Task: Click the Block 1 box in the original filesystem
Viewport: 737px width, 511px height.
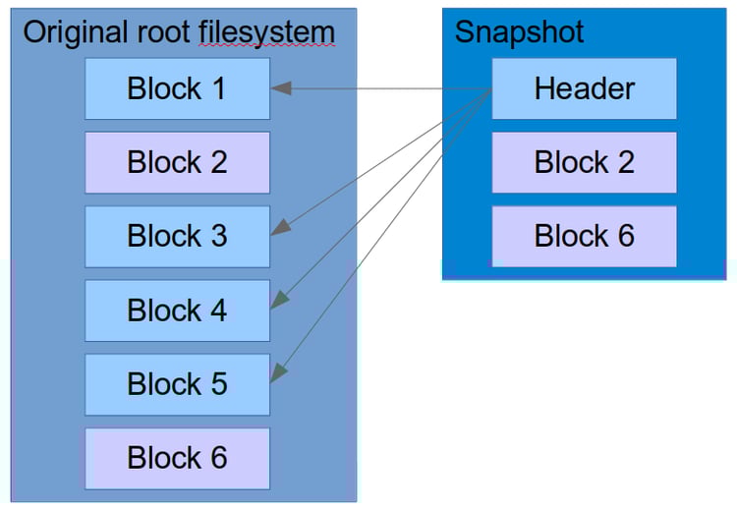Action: point(177,88)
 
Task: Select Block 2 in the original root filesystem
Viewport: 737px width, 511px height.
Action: point(177,162)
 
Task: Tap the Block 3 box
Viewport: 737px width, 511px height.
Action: point(177,236)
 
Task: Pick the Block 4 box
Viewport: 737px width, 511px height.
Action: point(177,311)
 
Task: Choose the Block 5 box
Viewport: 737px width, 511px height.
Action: point(177,384)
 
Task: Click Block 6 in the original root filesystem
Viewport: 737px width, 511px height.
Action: point(177,458)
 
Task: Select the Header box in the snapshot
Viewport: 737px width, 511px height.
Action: point(584,88)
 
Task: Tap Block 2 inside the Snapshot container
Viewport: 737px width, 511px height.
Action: point(584,162)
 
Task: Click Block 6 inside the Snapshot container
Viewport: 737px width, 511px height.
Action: point(584,236)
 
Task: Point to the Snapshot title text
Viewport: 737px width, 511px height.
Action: point(519,31)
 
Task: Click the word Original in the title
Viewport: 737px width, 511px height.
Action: point(74,31)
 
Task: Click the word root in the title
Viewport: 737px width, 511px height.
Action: point(163,31)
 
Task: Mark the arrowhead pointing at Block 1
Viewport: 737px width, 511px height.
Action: point(281,88)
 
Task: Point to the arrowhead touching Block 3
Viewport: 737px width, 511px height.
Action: point(280,228)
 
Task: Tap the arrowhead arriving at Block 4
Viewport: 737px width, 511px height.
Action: point(278,299)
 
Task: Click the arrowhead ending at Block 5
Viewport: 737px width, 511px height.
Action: point(278,372)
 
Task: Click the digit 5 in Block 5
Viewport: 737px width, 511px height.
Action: point(217,384)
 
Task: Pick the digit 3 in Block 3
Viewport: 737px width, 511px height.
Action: point(217,236)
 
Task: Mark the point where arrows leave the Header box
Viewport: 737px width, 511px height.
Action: point(491,90)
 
